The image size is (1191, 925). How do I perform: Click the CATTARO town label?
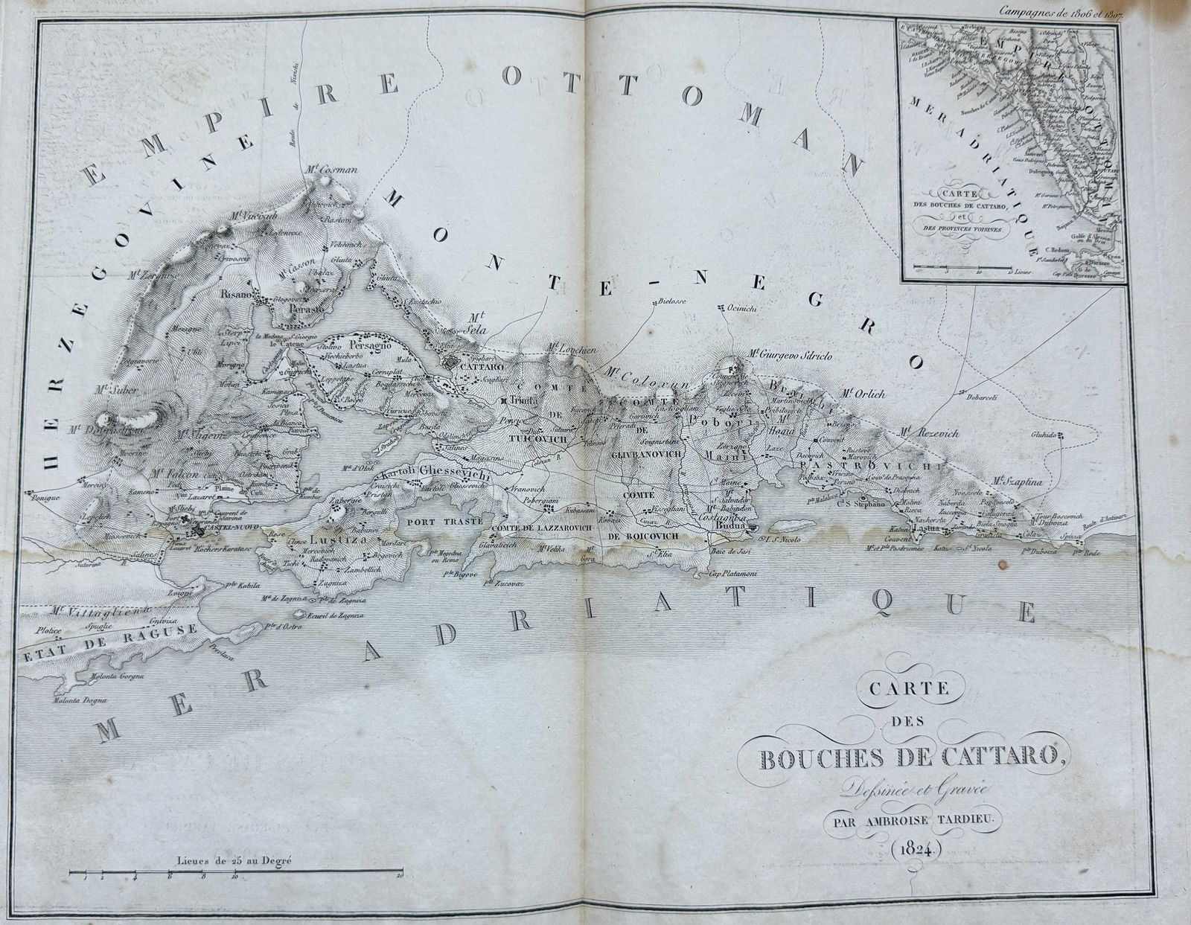pos(482,368)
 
